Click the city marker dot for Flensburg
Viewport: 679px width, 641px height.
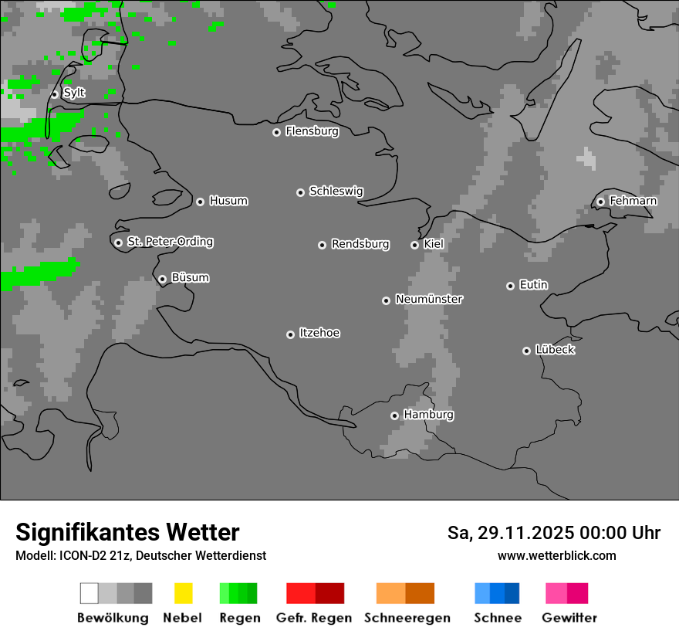(x=276, y=132)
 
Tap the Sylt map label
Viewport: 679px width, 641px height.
(x=74, y=93)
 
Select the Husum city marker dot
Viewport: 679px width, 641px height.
(x=200, y=202)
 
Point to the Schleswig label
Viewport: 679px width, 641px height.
(x=336, y=191)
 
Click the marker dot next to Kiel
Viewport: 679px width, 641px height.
(x=414, y=245)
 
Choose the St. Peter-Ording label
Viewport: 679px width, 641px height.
(x=170, y=242)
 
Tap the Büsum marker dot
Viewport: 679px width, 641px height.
(x=162, y=279)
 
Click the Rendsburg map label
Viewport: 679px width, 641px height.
(x=360, y=244)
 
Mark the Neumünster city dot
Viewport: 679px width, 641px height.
(x=386, y=300)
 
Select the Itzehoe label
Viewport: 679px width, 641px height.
(x=319, y=333)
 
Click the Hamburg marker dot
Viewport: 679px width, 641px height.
(x=394, y=415)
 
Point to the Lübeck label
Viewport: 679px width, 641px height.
(x=555, y=350)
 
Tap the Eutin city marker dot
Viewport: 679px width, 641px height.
(x=510, y=286)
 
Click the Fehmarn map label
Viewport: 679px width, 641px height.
(x=633, y=201)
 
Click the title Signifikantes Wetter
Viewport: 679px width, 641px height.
(x=127, y=532)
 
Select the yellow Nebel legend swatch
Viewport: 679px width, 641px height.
(x=183, y=593)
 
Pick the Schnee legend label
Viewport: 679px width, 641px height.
(x=497, y=618)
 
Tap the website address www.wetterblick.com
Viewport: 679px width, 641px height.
(x=556, y=555)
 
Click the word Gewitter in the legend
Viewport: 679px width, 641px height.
(x=569, y=618)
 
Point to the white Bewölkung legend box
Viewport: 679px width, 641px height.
(x=90, y=593)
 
